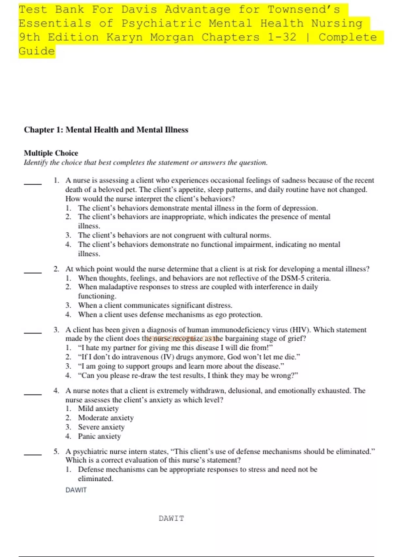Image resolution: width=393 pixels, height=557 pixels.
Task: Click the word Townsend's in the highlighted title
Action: click(304, 10)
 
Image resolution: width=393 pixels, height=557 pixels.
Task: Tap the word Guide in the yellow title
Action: click(37, 51)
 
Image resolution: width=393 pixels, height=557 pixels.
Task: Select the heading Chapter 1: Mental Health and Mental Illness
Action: click(106, 130)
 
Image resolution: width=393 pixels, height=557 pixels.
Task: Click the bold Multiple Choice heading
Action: click(51, 153)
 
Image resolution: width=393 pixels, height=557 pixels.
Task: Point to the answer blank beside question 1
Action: click(32, 184)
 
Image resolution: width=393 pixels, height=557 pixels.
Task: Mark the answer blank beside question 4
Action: click(32, 394)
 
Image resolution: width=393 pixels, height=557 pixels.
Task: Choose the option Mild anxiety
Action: click(98, 409)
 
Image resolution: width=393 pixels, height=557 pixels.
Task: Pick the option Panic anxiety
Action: click(99, 436)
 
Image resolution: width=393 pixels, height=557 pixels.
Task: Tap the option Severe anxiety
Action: click(101, 427)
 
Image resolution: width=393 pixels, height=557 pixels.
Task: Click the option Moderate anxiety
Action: click(106, 418)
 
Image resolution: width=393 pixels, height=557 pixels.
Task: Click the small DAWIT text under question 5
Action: click(76, 490)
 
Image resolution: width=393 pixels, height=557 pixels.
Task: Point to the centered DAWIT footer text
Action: click(171, 518)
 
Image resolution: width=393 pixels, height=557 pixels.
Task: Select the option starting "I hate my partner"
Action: click(175, 348)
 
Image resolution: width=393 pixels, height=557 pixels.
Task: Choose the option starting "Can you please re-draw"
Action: click(188, 375)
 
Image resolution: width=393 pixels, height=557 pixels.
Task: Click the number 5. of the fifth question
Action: click(56, 451)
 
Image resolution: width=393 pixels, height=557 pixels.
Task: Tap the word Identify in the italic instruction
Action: click(36, 163)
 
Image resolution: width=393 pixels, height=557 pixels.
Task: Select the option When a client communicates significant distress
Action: click(155, 305)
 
